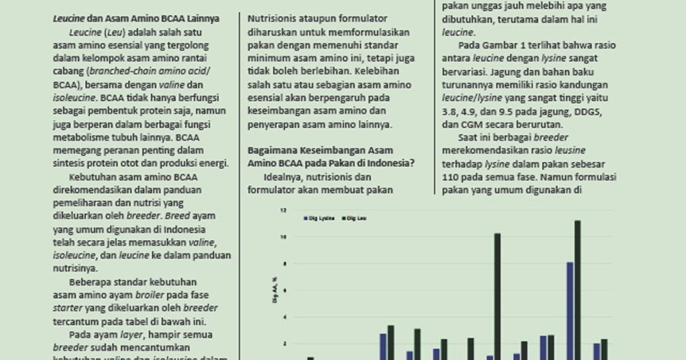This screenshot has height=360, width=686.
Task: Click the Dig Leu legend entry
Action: (355, 219)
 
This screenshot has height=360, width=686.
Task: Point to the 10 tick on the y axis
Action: (283, 237)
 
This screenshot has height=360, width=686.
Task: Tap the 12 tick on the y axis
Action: (283, 210)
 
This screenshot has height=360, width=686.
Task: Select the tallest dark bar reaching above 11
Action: (577, 288)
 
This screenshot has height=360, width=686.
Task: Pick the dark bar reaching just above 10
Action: (497, 295)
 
